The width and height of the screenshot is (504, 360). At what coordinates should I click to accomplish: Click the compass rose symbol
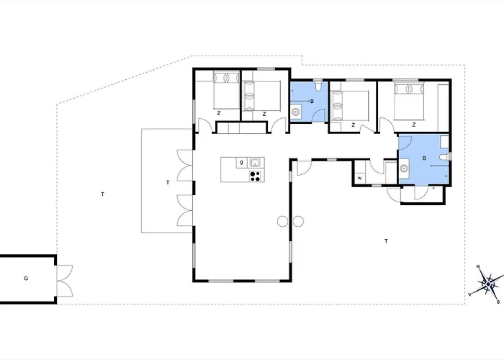pyautogui.click(x=488, y=284)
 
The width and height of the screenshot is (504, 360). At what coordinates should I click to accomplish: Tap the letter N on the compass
pyautogui.click(x=478, y=266)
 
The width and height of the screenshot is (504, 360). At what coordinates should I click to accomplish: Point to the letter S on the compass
pyautogui.click(x=498, y=302)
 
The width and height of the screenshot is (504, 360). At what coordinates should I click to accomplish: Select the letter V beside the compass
pyautogui.click(x=469, y=294)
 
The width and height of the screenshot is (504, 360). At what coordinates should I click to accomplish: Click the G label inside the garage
pyautogui.click(x=26, y=279)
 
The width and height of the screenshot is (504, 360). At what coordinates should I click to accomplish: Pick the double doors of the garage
pyautogui.click(x=65, y=281)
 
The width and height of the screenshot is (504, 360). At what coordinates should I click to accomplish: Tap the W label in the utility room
pyautogui.click(x=360, y=178)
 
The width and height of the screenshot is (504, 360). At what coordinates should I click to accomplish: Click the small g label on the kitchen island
pyautogui.click(x=242, y=162)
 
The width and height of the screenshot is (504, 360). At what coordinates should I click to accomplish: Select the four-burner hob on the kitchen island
pyautogui.click(x=255, y=176)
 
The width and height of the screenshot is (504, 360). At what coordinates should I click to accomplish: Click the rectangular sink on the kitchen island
pyautogui.click(x=255, y=162)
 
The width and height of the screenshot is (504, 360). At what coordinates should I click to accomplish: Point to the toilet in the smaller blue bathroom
pyautogui.click(x=318, y=86)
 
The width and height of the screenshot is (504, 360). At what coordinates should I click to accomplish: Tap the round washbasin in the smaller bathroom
pyautogui.click(x=296, y=112)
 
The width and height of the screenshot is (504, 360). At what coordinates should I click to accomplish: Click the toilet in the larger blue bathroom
pyautogui.click(x=445, y=157)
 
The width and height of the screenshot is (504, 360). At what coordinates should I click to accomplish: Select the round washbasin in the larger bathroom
pyautogui.click(x=404, y=168)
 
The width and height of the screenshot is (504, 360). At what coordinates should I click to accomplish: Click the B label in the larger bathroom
pyautogui.click(x=424, y=158)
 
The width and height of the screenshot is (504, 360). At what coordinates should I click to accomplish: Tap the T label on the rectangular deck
pyautogui.click(x=168, y=183)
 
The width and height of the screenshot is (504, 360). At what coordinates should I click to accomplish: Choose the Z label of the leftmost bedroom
pyautogui.click(x=219, y=113)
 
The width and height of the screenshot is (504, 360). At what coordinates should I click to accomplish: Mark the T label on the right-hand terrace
pyautogui.click(x=386, y=240)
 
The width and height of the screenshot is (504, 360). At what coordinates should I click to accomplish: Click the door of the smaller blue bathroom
pyautogui.click(x=320, y=115)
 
